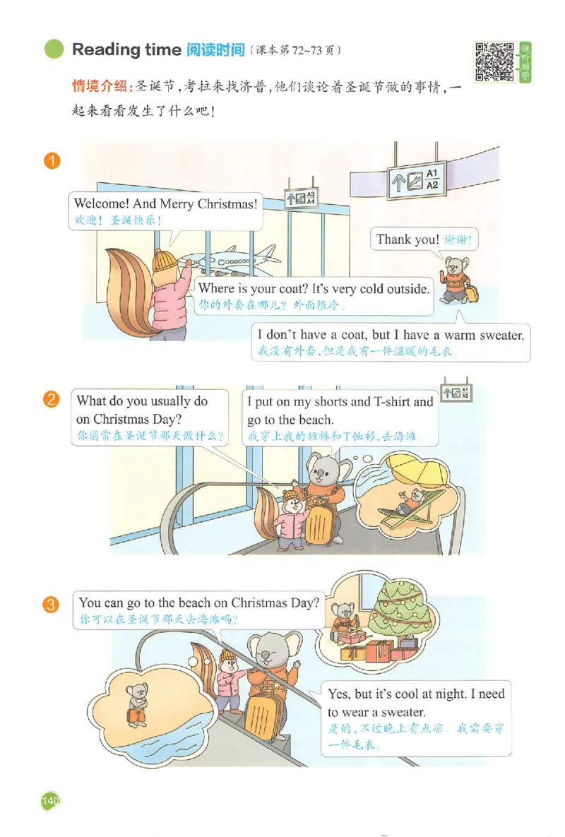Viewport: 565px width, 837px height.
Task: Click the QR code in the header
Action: [494, 61]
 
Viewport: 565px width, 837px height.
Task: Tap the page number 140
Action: [50, 800]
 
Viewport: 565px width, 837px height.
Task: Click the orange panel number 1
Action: [52, 160]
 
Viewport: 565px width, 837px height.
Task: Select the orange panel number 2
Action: [52, 399]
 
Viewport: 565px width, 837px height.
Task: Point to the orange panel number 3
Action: [51, 605]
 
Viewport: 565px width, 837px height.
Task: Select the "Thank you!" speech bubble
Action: [424, 239]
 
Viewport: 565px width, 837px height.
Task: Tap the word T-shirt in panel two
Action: [391, 401]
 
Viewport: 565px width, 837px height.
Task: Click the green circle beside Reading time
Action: [54, 49]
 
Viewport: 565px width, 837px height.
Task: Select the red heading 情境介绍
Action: [100, 86]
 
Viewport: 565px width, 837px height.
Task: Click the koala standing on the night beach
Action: [137, 704]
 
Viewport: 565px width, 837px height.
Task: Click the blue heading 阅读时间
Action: [215, 49]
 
